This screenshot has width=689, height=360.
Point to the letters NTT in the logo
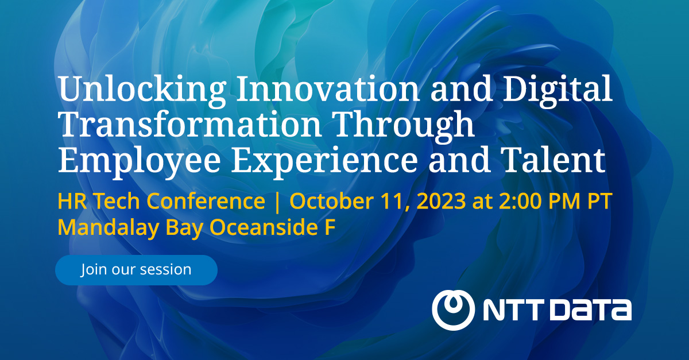[x=513, y=311]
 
